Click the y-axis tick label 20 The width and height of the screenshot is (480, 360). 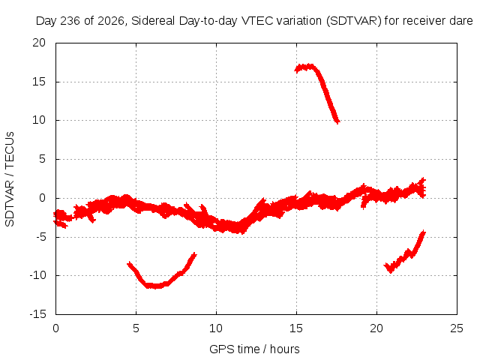(39, 43)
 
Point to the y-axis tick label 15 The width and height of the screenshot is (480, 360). (39, 82)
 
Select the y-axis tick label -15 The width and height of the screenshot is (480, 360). (37, 314)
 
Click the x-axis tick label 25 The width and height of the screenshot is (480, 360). (457, 328)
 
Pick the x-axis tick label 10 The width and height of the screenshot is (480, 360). (216, 328)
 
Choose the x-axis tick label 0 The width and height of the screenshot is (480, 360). (55, 328)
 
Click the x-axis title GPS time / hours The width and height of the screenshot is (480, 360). (254, 349)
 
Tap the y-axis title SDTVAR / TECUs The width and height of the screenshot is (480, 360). (10, 179)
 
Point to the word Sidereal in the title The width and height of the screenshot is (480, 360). (153, 21)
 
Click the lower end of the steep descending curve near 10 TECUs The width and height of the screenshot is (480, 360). (337, 121)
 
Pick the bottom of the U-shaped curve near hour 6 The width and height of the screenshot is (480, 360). (155, 286)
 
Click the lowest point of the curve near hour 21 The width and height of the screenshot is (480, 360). (390, 271)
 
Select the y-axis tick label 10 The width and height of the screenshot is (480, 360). (39, 120)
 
